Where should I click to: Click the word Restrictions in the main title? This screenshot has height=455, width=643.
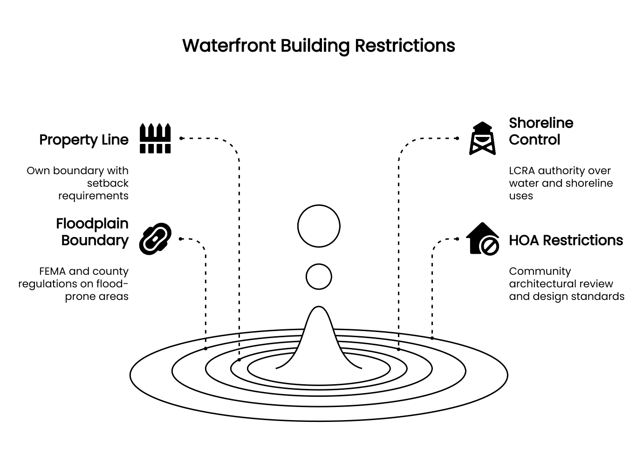(404, 46)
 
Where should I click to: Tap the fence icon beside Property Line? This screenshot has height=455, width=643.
(156, 138)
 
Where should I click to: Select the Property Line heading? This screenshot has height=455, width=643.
(84, 140)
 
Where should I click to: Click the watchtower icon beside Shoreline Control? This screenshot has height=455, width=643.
(482, 138)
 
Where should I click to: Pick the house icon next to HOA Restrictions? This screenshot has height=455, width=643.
(483, 239)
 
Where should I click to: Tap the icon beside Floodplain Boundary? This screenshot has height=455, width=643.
(156, 239)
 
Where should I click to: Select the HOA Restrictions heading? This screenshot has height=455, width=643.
(566, 240)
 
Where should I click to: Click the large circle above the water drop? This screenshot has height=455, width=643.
(319, 226)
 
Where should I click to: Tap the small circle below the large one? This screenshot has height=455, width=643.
(319, 277)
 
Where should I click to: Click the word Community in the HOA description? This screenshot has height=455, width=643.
(540, 271)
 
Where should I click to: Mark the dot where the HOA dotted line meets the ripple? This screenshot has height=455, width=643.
(432, 338)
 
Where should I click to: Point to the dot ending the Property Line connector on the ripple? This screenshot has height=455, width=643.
(239, 360)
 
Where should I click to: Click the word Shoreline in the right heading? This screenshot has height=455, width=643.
(541, 123)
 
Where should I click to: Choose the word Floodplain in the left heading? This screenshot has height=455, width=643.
(92, 224)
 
